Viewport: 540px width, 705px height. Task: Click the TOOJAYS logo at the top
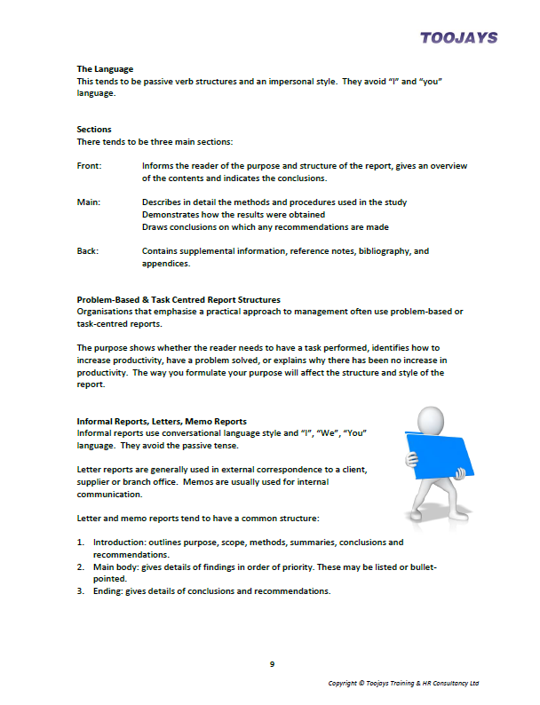458,37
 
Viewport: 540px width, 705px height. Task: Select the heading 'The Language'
105,68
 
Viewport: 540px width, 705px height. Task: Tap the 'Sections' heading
94,129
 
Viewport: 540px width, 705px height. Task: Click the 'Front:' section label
90,166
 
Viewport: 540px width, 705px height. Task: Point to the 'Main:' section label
89,202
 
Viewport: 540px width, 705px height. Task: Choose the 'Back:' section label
88,251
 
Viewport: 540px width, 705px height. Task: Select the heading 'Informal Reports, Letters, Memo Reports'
162,420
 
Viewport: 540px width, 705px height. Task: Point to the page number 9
271,662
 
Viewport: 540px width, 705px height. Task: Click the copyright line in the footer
403,683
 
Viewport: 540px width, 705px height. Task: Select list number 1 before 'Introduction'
80,542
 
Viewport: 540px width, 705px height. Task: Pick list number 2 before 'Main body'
80,565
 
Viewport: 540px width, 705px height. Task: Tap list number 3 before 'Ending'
80,590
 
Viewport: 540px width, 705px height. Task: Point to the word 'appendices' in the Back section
166,264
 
